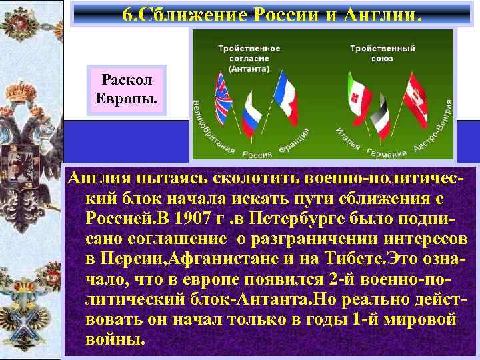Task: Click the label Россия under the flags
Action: pos(257,154)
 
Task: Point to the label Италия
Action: pos(349,139)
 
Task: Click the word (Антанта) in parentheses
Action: pos(249,69)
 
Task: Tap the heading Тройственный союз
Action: pos(383,53)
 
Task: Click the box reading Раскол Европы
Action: pos(126,91)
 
